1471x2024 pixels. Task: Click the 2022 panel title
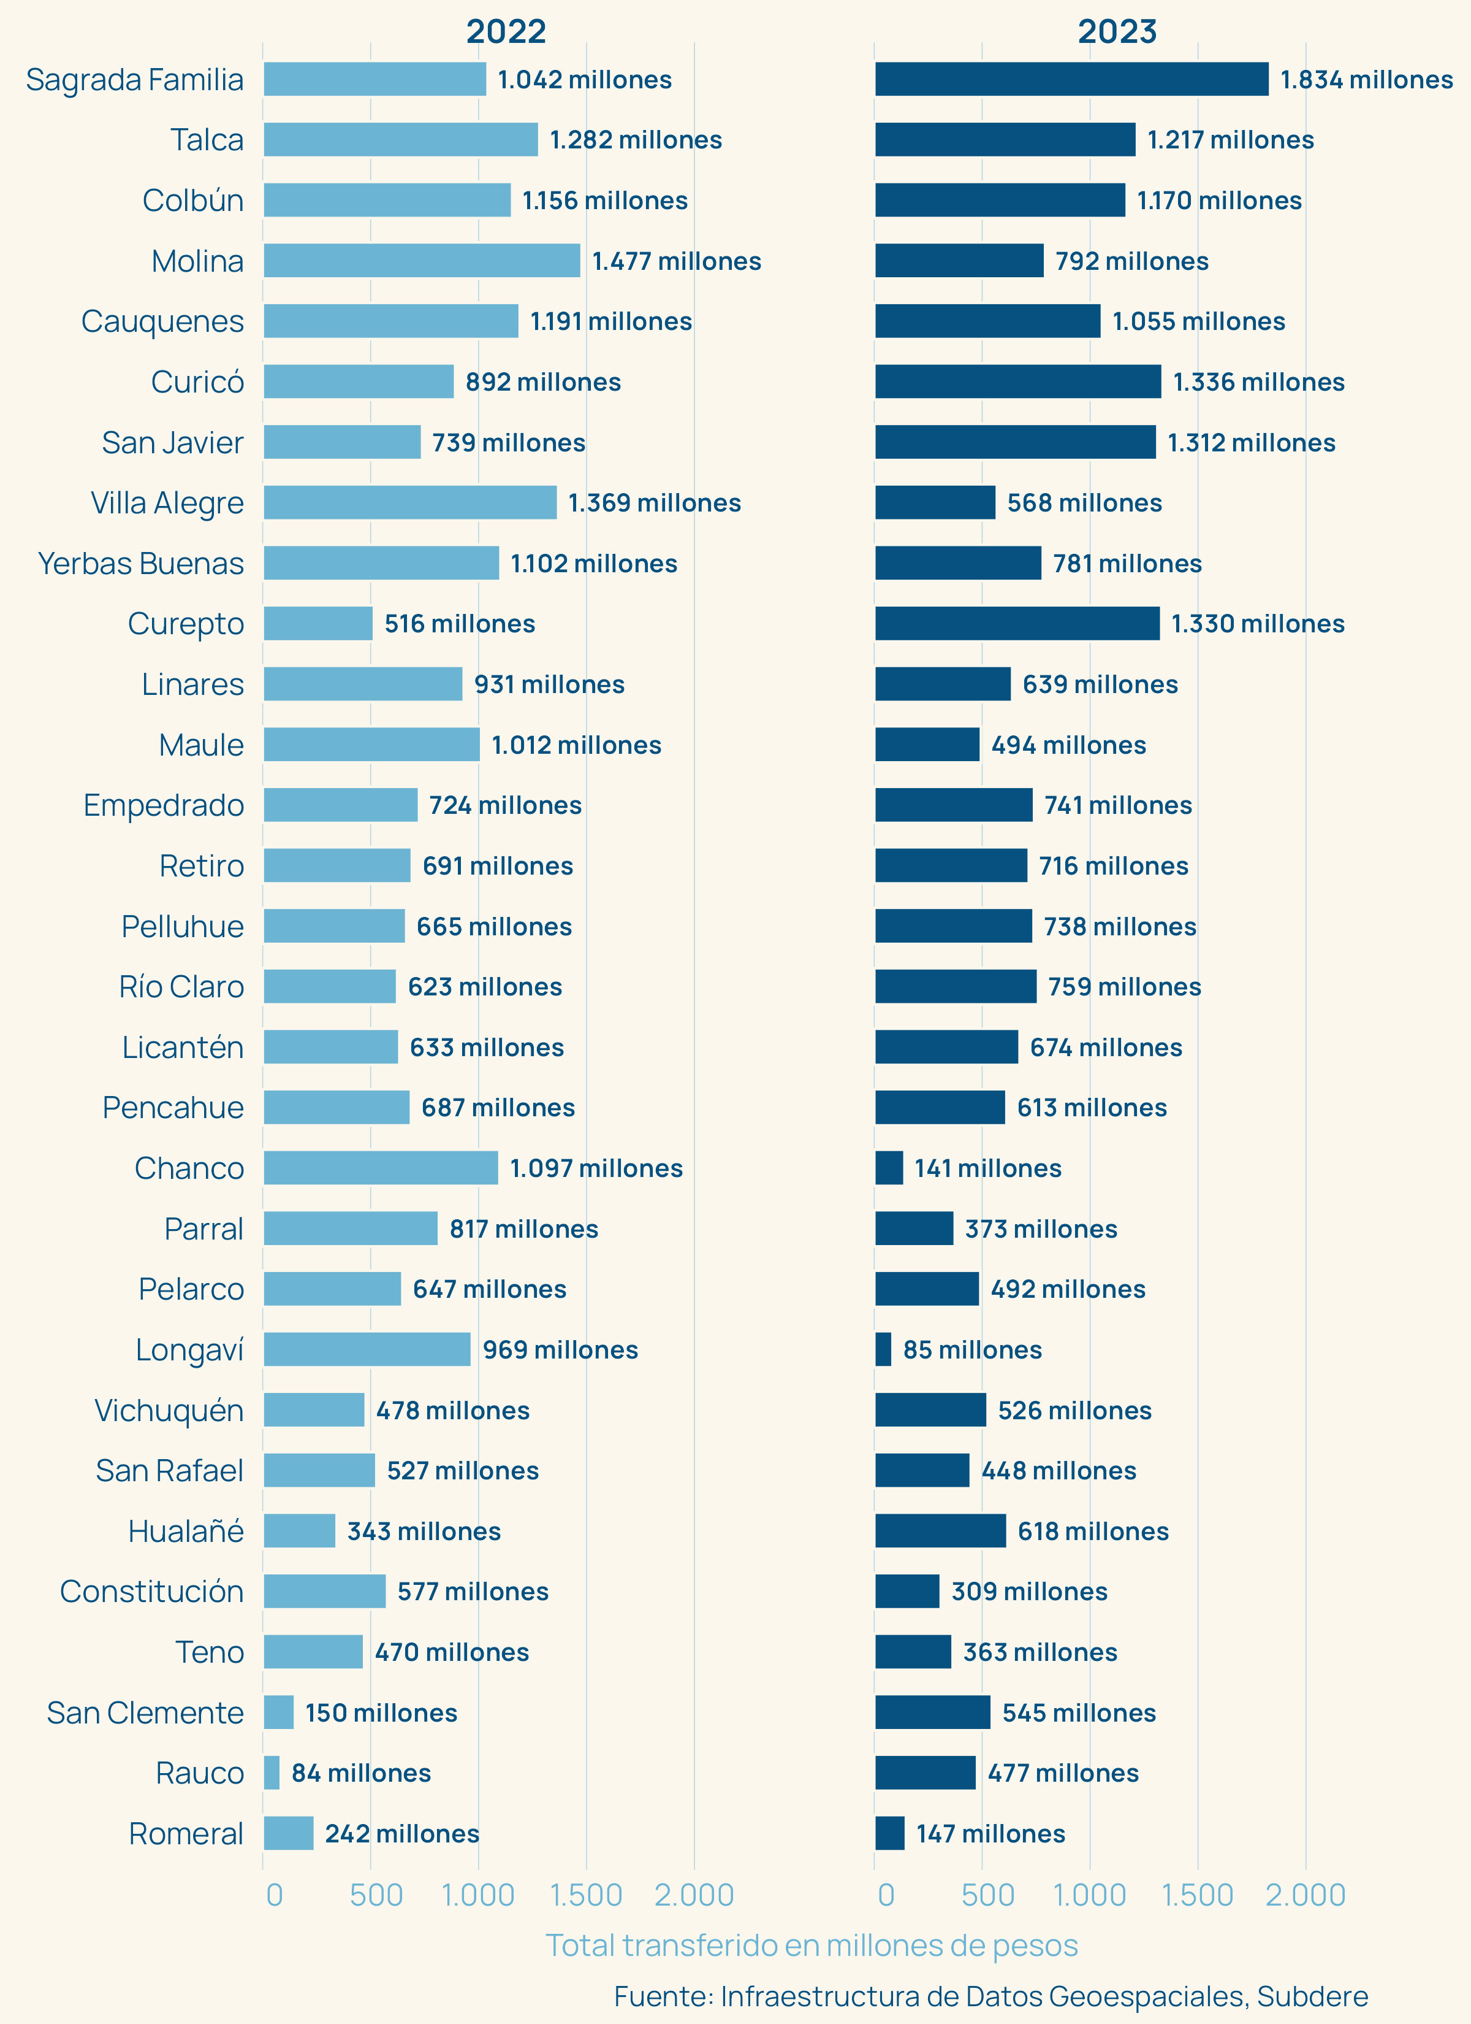point(506,31)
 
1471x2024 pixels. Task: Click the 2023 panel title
point(1117,31)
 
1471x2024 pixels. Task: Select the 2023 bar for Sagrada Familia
point(1071,79)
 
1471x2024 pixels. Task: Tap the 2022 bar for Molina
point(421,261)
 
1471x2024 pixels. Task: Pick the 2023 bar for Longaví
point(883,1349)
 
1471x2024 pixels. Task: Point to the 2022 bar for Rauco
point(271,1773)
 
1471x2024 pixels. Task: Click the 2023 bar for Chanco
point(889,1168)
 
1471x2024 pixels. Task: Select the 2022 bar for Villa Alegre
point(409,502)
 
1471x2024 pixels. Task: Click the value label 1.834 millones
point(1367,79)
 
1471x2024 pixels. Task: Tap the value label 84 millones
point(361,1773)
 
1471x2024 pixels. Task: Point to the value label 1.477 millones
point(676,261)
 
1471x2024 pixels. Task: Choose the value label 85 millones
point(972,1349)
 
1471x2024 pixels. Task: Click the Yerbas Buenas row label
point(141,563)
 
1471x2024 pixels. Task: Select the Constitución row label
point(151,1591)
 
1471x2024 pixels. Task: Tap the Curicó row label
point(197,382)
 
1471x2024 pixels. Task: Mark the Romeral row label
point(186,1833)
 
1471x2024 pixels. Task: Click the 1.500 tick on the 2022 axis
point(586,1895)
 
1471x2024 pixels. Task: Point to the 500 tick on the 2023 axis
point(987,1895)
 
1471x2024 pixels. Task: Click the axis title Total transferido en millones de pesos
point(812,1945)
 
